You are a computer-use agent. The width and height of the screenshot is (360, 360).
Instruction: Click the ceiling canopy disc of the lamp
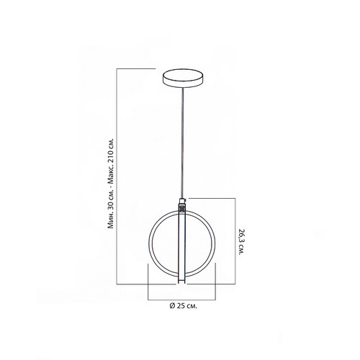[183, 78]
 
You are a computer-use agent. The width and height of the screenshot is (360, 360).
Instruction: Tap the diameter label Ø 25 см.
[184, 306]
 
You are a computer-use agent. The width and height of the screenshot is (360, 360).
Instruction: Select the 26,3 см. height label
[241, 242]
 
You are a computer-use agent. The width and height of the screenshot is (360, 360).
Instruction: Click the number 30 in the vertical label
[110, 207]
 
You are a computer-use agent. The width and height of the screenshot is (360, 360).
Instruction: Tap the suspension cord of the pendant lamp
[183, 143]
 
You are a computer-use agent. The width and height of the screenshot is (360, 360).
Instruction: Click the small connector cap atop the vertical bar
[183, 200]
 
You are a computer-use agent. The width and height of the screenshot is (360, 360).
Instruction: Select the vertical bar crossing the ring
[182, 243]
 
